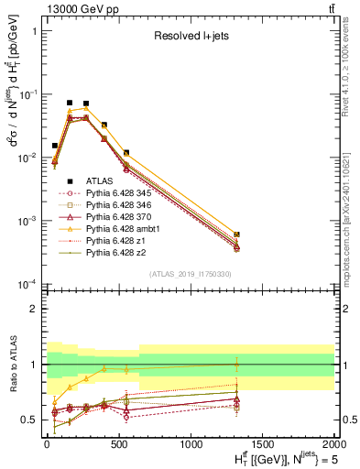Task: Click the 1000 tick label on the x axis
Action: (191, 444)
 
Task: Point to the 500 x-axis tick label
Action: (118, 444)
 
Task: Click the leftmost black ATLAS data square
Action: (55, 146)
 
